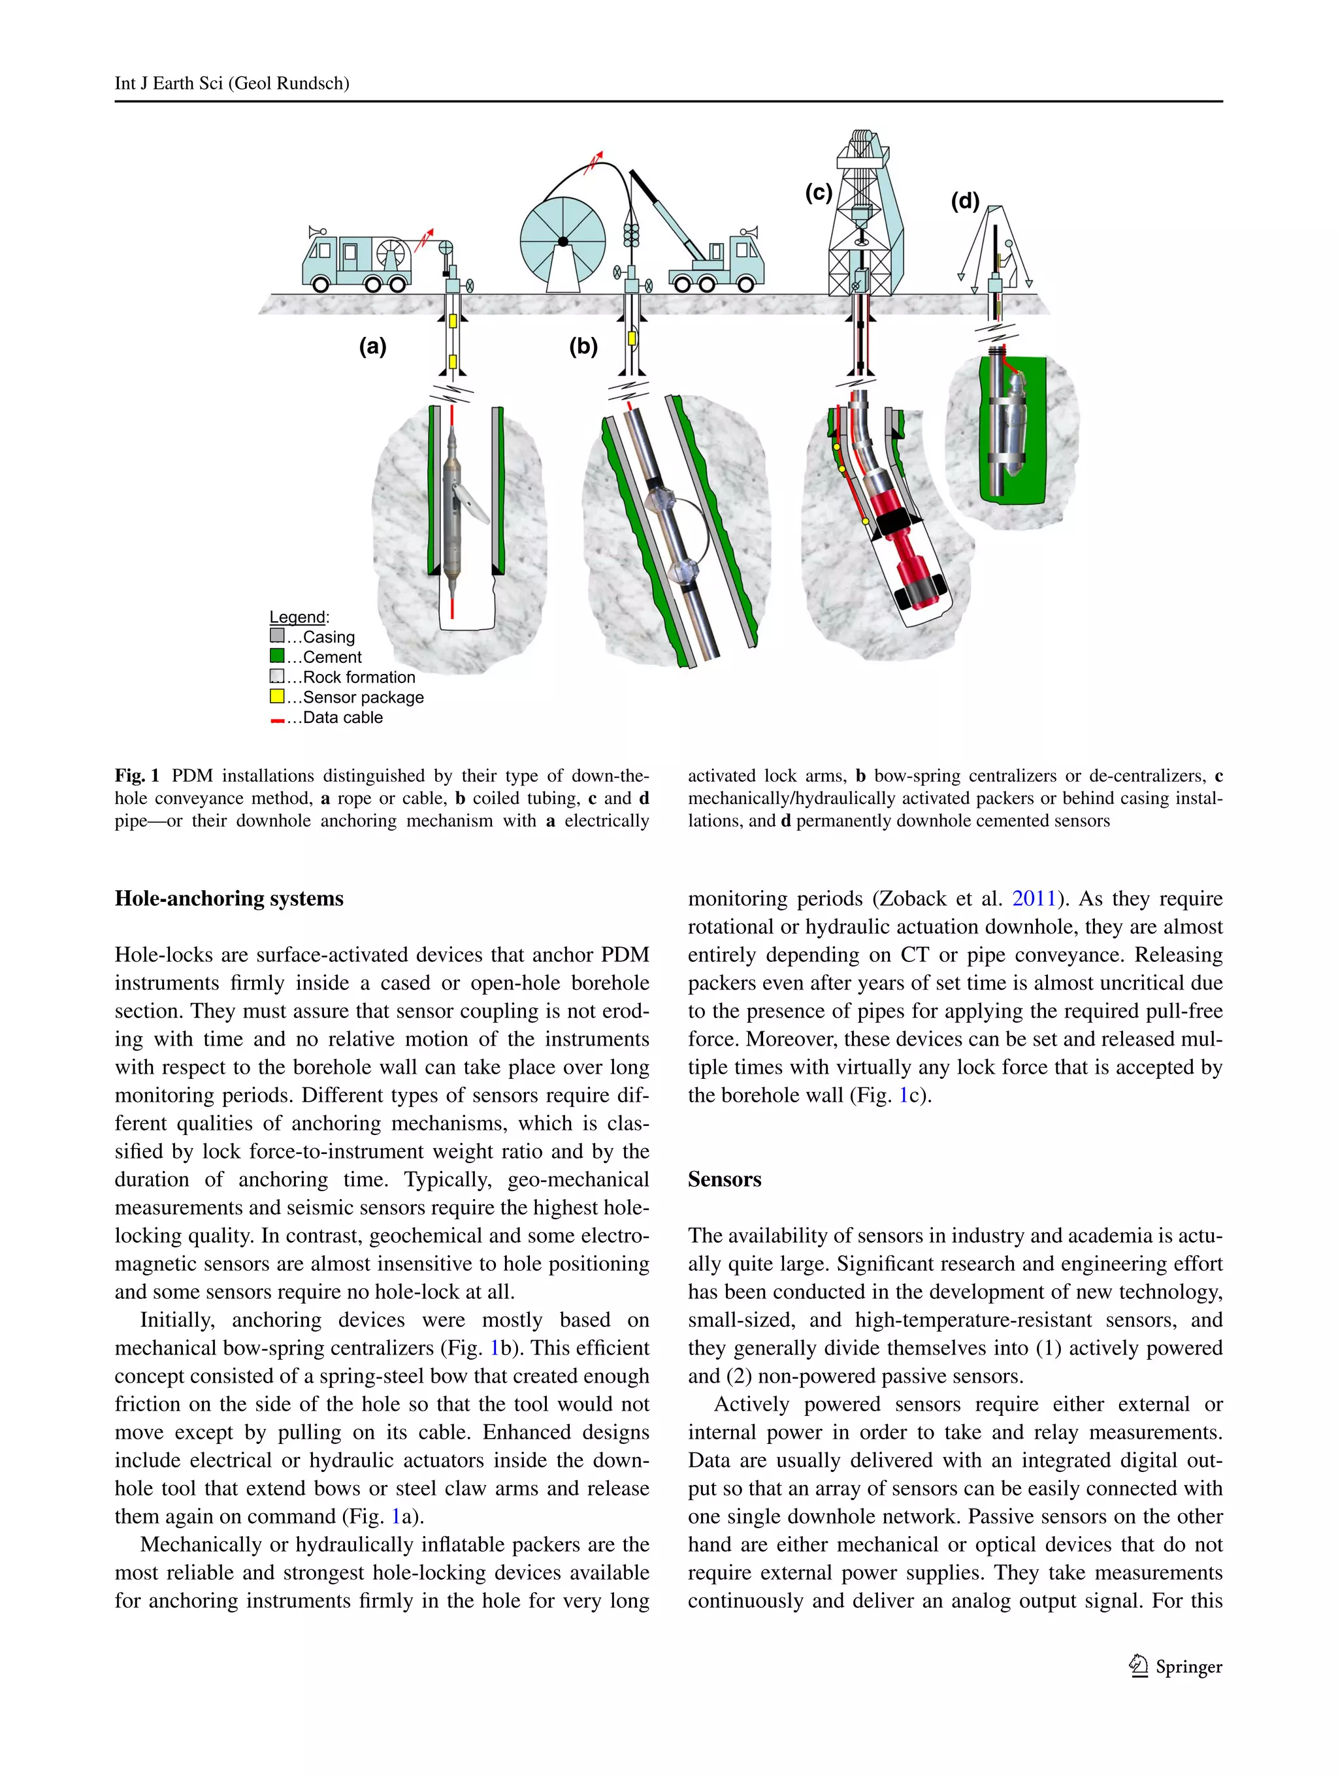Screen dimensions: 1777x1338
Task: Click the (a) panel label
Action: click(372, 346)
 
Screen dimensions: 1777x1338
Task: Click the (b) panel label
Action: click(583, 346)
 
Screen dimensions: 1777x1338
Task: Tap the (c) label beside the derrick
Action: click(818, 193)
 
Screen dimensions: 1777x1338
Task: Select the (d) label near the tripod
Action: click(965, 201)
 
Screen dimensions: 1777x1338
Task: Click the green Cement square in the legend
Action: click(277, 656)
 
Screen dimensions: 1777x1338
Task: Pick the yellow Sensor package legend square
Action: click(277, 696)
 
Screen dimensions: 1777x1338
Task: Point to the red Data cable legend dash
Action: click(277, 720)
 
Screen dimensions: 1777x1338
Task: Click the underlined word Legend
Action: click(297, 617)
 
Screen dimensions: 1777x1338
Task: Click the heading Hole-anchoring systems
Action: click(229, 898)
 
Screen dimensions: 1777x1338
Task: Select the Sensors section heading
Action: click(724, 1179)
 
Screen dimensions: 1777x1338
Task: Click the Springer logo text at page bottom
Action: click(1188, 1667)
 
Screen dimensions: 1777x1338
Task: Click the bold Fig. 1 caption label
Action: click(137, 776)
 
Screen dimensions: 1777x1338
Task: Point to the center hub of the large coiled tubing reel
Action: click(563, 242)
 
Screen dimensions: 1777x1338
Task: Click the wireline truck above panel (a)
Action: click(357, 261)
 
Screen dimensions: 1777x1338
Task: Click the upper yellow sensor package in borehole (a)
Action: click(453, 321)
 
